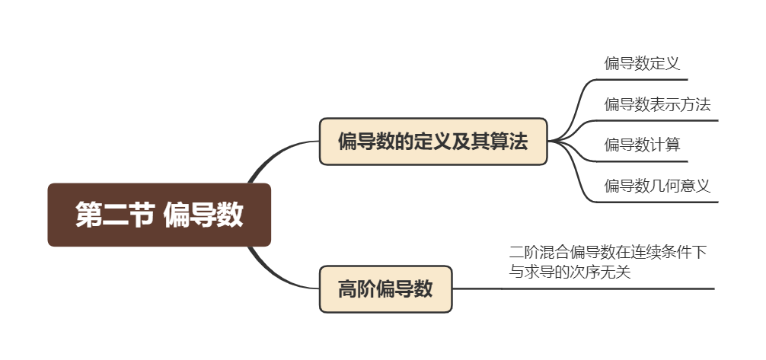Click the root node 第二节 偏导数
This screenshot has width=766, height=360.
159,215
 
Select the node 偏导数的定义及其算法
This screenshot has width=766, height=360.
432,142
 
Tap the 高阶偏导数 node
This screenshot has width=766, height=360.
385,289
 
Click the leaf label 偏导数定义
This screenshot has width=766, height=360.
641,63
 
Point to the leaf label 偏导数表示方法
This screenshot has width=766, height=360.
656,104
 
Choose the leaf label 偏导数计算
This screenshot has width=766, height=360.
642,145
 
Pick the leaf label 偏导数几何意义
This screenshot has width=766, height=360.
656,186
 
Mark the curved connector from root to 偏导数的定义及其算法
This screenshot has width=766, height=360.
282,150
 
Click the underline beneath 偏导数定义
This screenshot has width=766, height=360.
647,79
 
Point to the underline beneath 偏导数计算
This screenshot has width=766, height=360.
647,161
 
